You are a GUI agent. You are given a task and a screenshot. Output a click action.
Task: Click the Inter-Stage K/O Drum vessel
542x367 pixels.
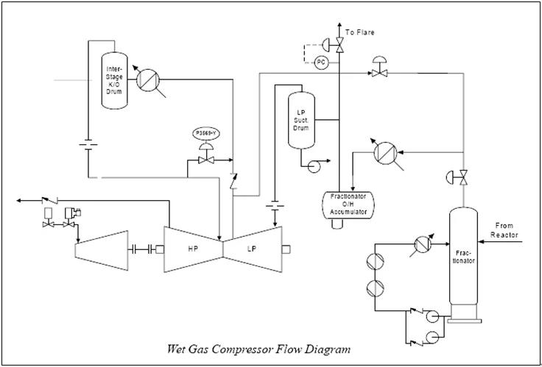point(113,80)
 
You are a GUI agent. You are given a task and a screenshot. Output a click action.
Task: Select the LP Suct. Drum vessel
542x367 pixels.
point(300,118)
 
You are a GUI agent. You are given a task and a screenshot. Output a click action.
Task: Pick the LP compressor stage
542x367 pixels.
point(253,247)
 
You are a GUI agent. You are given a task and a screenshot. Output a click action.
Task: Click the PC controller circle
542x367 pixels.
point(321,63)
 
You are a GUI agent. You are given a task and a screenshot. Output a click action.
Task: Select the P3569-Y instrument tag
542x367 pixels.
point(205,133)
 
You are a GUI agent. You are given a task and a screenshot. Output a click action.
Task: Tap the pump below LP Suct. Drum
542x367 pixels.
point(315,165)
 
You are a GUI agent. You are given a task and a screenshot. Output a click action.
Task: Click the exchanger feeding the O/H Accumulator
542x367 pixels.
point(384,152)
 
